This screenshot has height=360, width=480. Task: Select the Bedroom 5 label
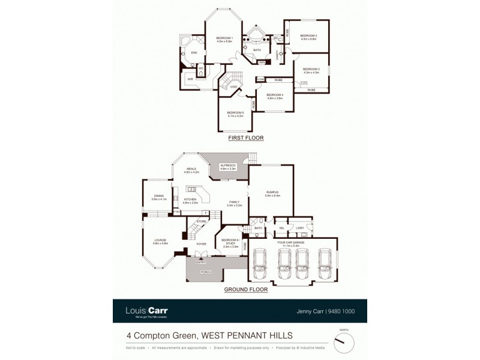pyautogui.click(x=235, y=114)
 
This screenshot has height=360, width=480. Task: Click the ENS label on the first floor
pyautogui.click(x=193, y=53)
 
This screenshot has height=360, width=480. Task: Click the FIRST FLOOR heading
pyautogui.click(x=245, y=138)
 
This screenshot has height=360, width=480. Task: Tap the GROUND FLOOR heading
pyautogui.click(x=245, y=289)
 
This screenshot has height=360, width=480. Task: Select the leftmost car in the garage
pyautogui.click(x=260, y=263)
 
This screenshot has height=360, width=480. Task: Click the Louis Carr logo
pyautogui.click(x=146, y=311)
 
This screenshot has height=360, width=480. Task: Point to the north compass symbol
pyautogui.click(x=343, y=343)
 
